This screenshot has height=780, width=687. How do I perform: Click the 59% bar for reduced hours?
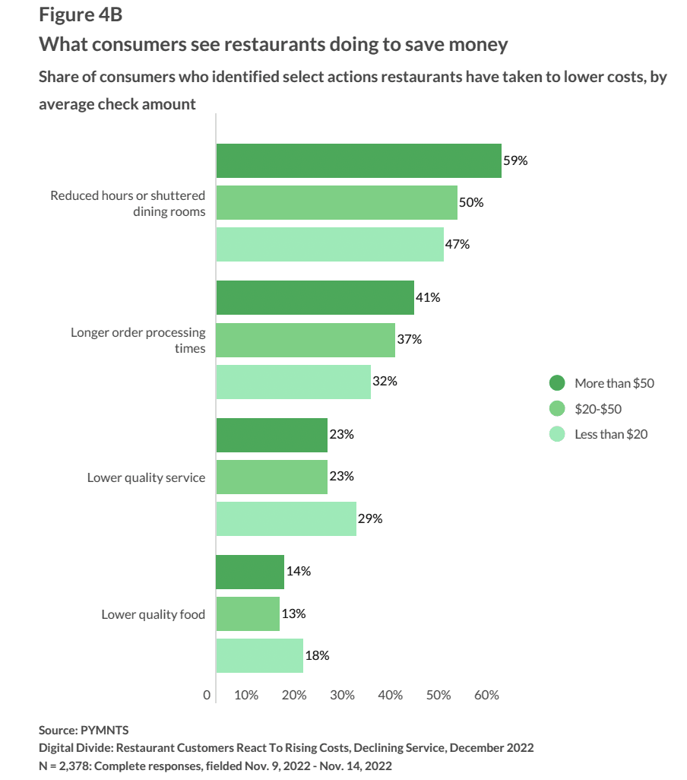[359, 160]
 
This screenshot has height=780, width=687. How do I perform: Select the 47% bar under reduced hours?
[330, 245]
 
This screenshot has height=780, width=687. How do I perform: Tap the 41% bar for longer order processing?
[315, 297]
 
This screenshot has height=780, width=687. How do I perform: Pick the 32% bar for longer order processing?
[293, 382]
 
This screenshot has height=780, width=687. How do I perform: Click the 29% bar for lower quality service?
[287, 518]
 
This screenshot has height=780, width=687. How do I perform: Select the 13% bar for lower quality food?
[248, 614]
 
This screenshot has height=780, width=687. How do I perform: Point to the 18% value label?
[318, 655]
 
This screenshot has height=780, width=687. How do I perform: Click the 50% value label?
[471, 203]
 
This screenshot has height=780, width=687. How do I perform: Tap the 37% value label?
[409, 339]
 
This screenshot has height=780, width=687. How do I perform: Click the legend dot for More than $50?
[557, 383]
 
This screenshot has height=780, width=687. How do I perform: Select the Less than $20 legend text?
[611, 434]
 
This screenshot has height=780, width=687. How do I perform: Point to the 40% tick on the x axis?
[391, 695]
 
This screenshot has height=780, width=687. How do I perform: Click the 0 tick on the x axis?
[207, 695]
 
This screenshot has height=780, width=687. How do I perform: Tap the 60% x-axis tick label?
[486, 695]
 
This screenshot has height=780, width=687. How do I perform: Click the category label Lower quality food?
[154, 614]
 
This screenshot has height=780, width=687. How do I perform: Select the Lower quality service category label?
[147, 477]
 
